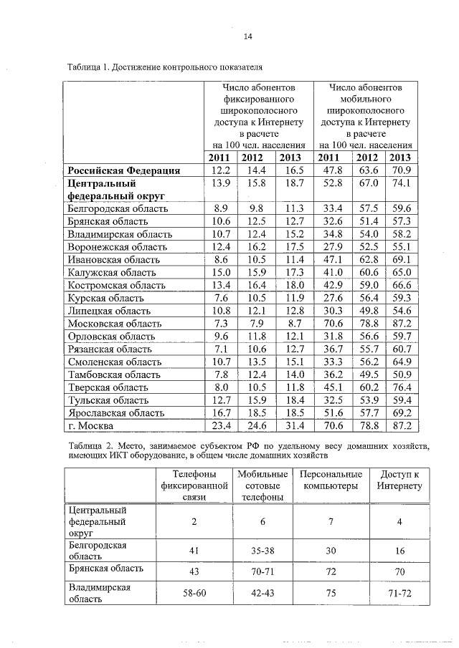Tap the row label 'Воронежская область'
coord(120,247)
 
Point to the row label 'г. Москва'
coord(90,426)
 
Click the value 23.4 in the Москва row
coord(221,426)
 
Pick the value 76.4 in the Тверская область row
coord(401,388)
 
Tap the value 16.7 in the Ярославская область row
coord(221,413)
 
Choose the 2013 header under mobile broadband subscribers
coord(401,158)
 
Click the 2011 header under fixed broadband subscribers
coord(221,158)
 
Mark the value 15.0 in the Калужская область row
coord(221,273)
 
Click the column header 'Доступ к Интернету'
coord(399,480)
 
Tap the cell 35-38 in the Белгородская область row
coord(262,551)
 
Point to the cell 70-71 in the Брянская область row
coord(262,573)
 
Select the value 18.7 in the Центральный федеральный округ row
coord(291,183)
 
